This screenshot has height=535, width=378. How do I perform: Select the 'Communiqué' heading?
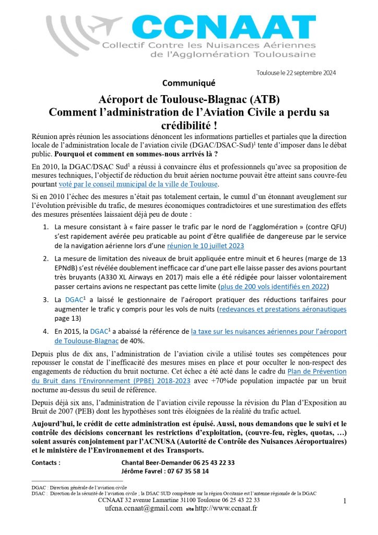188,83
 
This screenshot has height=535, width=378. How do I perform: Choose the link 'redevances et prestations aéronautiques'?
283,309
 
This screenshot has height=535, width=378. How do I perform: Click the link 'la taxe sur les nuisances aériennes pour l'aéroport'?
268,331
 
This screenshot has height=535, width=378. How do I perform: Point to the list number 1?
46,226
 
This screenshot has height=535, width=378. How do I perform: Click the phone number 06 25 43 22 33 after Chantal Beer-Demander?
208,462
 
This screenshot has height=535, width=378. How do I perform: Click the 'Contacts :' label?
46,462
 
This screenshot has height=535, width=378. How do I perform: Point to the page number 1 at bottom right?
345,502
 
